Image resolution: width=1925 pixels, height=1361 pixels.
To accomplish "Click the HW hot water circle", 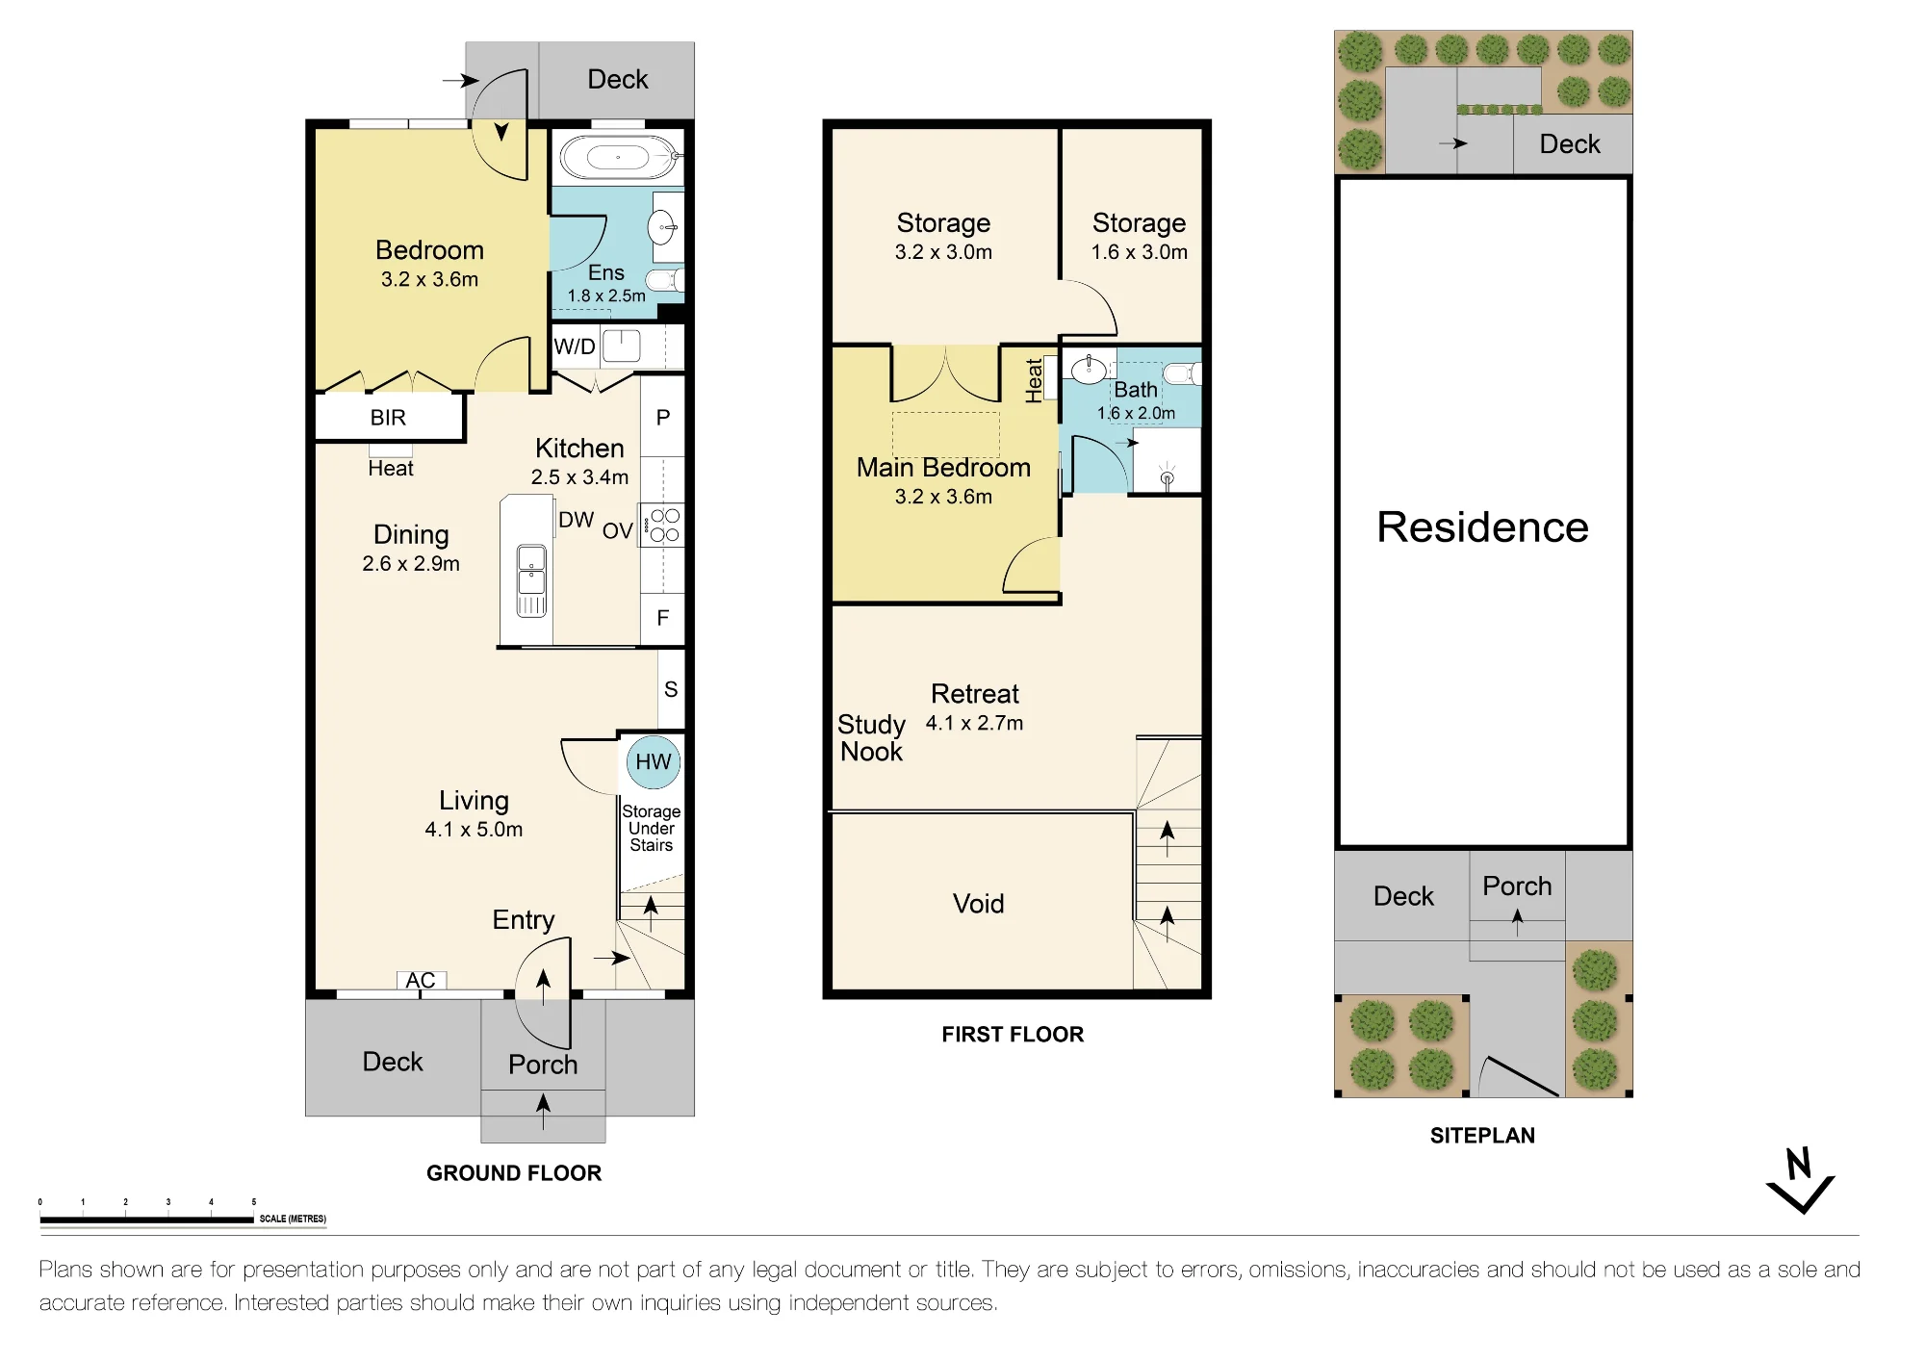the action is click(653, 761).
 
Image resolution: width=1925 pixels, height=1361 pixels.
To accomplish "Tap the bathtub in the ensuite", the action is click(618, 156).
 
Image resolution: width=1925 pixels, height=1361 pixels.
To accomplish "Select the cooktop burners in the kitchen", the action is click(664, 526).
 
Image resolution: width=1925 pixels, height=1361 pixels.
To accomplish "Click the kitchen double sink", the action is click(531, 580).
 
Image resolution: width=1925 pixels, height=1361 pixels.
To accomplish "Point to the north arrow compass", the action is click(1800, 1180).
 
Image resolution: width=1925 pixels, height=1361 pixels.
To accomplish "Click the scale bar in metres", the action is click(146, 1220).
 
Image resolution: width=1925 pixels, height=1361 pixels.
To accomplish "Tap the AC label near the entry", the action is click(421, 980).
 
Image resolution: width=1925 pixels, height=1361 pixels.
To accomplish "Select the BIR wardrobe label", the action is click(388, 418).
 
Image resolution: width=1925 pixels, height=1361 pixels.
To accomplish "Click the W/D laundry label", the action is click(575, 347).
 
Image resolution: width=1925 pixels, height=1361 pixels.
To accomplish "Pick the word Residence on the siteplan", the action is click(1482, 526).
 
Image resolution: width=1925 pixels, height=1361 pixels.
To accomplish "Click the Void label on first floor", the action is click(978, 904).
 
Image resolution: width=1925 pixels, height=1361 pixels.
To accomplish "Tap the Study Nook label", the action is click(871, 738).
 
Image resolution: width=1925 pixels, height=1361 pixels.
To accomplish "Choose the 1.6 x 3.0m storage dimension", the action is click(1139, 252).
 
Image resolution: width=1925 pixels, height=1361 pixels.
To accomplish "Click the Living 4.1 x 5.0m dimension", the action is click(474, 830).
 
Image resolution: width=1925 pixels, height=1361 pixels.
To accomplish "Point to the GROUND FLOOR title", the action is click(514, 1173).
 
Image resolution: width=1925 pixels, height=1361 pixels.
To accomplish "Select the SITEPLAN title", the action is click(1482, 1136).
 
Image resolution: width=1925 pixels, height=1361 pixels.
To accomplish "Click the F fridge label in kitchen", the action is click(663, 618).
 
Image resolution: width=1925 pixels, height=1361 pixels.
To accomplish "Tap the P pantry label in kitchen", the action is click(663, 418).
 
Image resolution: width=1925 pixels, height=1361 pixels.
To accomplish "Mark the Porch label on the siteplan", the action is click(1517, 886).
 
